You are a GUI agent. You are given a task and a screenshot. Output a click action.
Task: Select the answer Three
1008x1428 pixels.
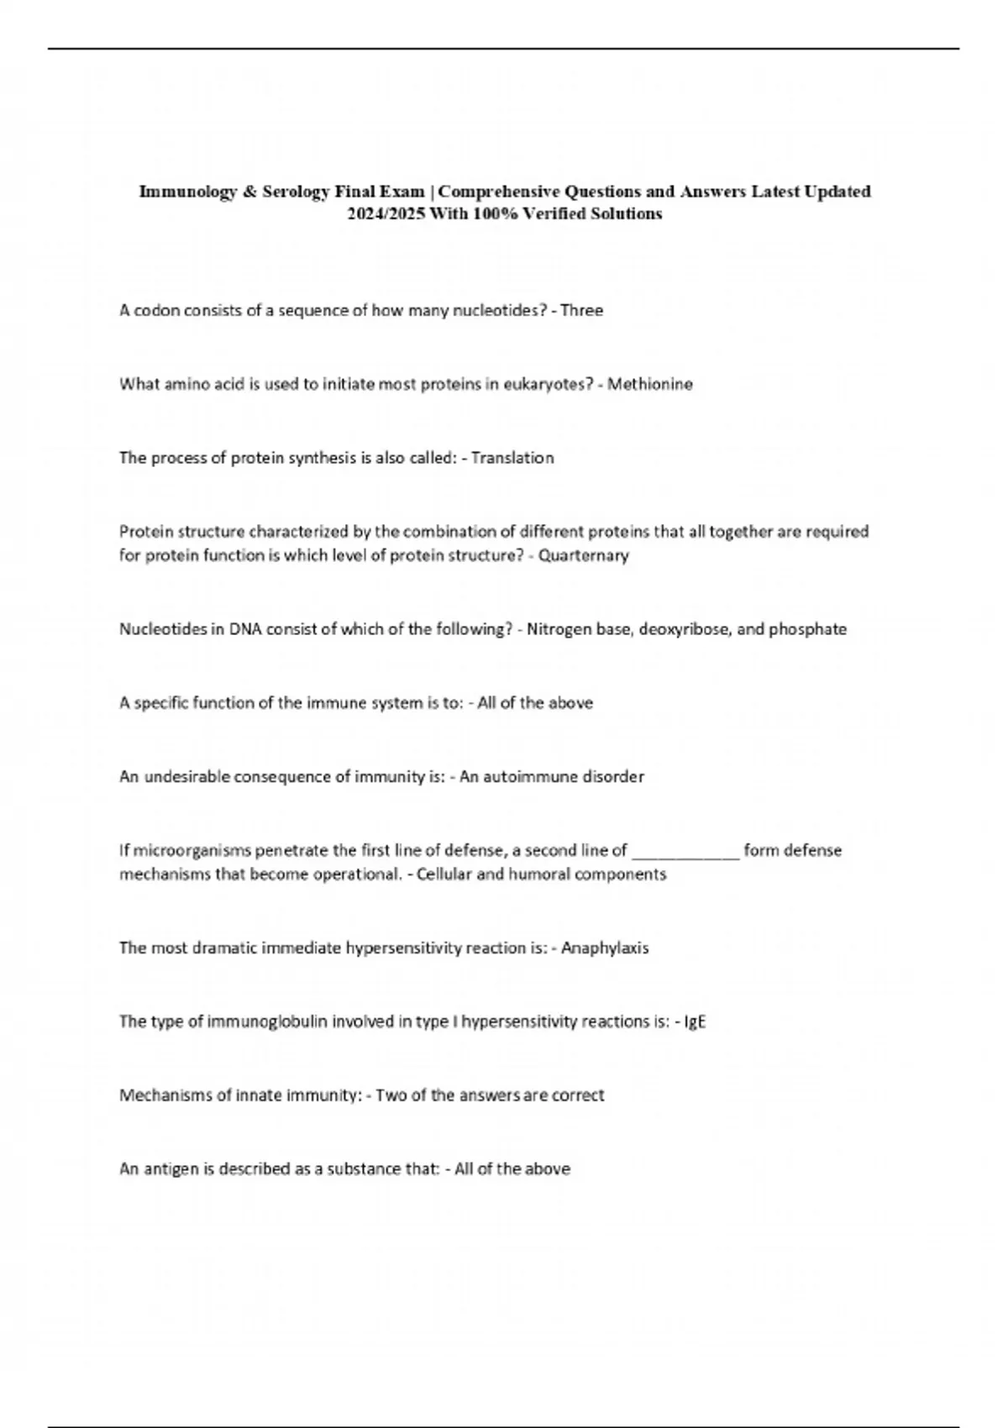[581, 311]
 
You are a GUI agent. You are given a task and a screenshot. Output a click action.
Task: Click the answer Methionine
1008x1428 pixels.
[650, 385]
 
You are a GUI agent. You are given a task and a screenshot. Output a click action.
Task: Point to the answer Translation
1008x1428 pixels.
[512, 458]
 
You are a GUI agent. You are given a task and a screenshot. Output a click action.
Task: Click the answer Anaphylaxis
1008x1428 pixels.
[605, 948]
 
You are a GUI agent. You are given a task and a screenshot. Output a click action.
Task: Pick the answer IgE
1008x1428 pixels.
[696, 1022]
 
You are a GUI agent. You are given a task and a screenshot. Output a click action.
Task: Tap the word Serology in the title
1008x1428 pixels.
[296, 192]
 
